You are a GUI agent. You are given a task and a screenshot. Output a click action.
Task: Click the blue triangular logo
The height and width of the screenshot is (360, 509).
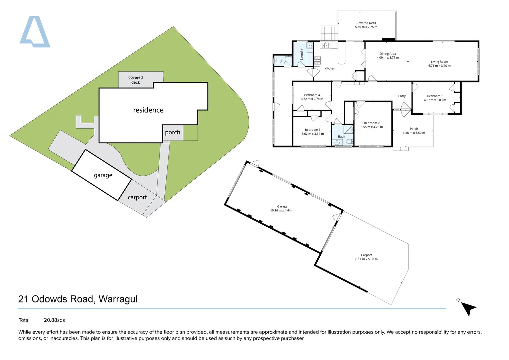tap(35, 33)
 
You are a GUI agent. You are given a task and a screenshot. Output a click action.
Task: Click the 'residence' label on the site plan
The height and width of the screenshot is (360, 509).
tap(148, 110)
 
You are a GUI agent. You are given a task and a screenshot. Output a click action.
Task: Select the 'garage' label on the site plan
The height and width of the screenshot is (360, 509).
tap(103, 175)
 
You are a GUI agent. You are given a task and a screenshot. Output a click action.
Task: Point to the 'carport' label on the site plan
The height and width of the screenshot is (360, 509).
tap(137, 197)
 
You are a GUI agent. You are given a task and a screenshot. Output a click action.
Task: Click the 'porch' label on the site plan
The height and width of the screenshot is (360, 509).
tap(172, 132)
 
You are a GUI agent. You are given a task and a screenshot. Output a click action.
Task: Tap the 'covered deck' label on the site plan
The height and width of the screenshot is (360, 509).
tap(135, 80)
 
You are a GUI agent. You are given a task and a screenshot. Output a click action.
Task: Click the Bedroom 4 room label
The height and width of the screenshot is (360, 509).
tap(312, 95)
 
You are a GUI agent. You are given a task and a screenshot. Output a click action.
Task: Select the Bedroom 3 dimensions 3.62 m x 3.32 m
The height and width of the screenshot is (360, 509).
tap(313, 134)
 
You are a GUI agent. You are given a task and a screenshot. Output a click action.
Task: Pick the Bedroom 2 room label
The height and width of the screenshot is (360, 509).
tap(372, 123)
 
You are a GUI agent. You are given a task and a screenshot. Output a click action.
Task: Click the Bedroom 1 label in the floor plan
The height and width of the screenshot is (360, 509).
tap(435, 96)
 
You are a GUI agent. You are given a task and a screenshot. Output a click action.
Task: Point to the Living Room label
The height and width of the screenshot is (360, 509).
tap(439, 62)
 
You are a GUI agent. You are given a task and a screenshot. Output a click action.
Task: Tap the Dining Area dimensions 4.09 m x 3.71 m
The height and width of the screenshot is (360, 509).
tap(388, 58)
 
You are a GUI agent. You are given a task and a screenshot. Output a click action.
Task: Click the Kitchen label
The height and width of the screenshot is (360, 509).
tap(330, 68)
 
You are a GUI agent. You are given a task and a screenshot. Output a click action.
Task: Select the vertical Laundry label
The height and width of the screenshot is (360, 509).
tap(302, 54)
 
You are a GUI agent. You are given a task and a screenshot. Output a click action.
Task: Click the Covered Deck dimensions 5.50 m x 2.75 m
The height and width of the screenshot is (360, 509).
tap(366, 27)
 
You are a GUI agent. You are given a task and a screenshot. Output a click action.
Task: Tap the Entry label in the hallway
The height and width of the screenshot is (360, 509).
tap(402, 96)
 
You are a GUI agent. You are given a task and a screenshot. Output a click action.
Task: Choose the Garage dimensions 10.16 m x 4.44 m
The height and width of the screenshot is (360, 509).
tap(282, 211)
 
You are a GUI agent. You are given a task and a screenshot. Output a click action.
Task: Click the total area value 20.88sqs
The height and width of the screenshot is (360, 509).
tap(54, 320)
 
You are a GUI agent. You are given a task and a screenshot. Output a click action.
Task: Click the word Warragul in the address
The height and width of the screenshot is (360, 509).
tap(118, 299)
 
